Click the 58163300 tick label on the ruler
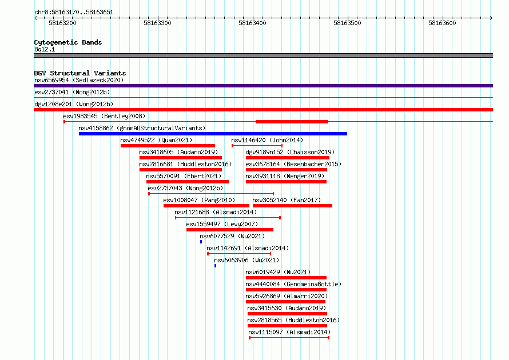click(x=157, y=23)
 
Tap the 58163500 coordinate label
click(x=347, y=23)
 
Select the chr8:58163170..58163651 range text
click(x=74, y=13)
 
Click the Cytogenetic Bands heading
click(x=68, y=42)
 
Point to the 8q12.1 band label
click(x=45, y=49)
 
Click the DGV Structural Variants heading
click(x=80, y=73)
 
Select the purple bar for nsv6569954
click(x=263, y=86)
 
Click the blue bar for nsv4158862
click(x=213, y=134)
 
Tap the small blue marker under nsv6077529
click(x=201, y=242)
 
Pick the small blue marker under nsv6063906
click(x=215, y=266)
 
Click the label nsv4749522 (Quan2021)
click(x=156, y=140)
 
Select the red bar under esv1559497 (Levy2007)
click(x=230, y=230)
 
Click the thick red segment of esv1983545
click(x=292, y=122)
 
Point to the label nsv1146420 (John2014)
click(x=267, y=140)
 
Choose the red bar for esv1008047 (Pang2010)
click(x=206, y=206)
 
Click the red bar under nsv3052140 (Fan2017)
click(x=292, y=206)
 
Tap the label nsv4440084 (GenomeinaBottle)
click(x=293, y=284)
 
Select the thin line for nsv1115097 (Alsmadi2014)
click(x=289, y=338)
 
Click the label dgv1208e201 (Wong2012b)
click(x=74, y=104)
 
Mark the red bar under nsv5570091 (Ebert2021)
click(x=188, y=182)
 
